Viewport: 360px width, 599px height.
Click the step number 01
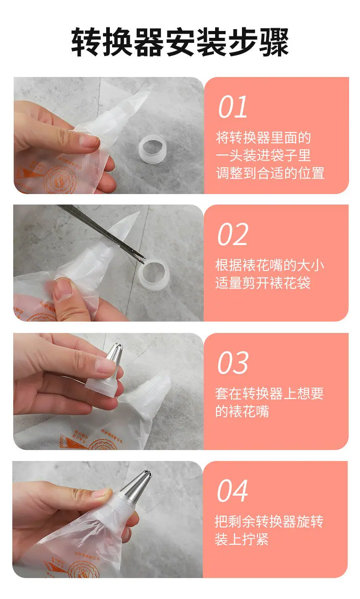click(x=232, y=107)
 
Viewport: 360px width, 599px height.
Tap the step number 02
click(x=232, y=235)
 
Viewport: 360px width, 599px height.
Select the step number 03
click(x=233, y=363)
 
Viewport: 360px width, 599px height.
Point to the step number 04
click(x=232, y=491)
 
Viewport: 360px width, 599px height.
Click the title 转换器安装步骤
click(x=180, y=42)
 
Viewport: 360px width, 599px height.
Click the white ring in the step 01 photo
click(x=152, y=148)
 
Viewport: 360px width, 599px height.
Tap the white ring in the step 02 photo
click(x=154, y=275)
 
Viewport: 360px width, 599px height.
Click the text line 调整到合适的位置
click(x=270, y=173)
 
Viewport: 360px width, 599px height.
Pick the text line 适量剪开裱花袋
click(x=263, y=283)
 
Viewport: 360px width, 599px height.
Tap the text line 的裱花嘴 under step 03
click(x=242, y=411)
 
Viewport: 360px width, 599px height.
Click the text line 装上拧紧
click(x=242, y=539)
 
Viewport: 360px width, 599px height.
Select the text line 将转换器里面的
click(x=263, y=138)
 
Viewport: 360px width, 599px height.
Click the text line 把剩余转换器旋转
click(x=269, y=522)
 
